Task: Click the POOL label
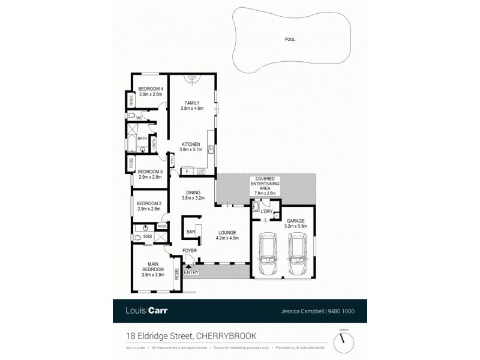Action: [290, 40]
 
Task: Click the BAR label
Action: [191, 232]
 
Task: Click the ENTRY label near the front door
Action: [191, 272]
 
